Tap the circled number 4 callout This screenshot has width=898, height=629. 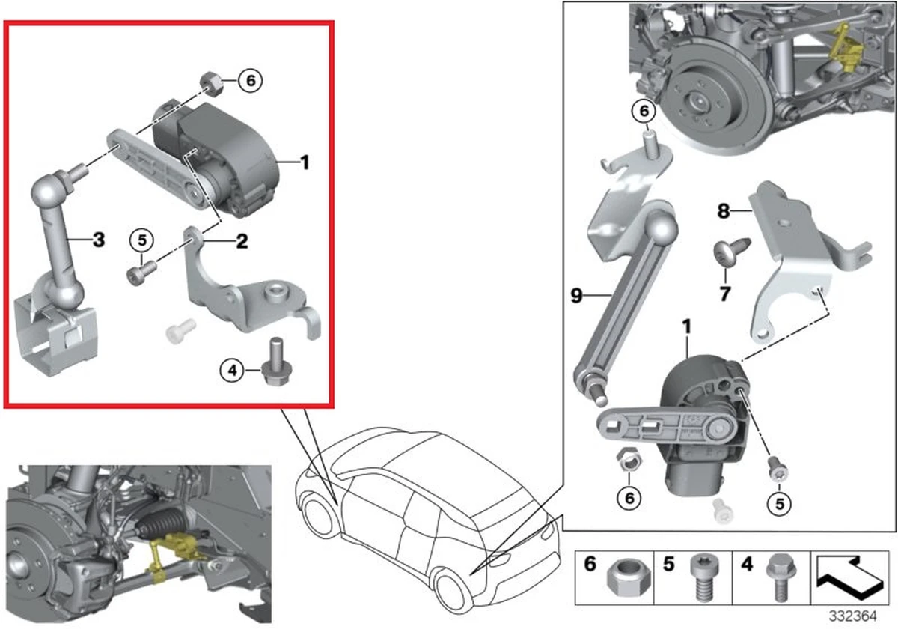click(232, 369)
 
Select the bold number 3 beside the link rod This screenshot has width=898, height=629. click(99, 240)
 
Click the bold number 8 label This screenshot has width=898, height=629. click(724, 212)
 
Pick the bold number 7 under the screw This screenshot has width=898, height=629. click(724, 294)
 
